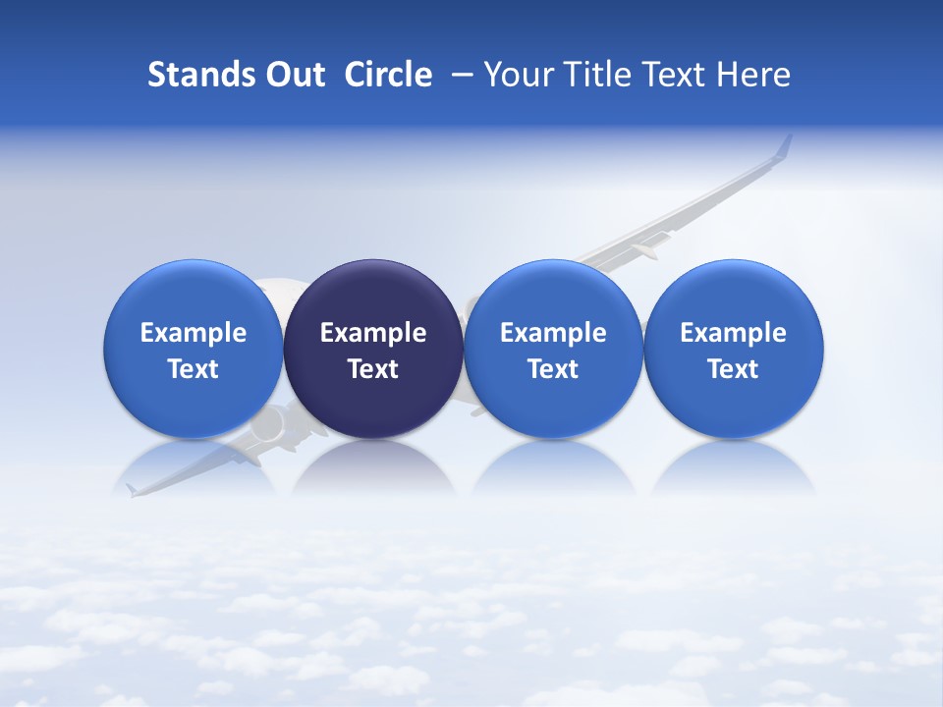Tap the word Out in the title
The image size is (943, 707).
[292, 75]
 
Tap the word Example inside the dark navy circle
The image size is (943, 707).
[373, 333]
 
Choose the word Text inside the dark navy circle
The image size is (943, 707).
[373, 369]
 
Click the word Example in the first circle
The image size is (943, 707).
[194, 333]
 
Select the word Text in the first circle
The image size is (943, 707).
[194, 369]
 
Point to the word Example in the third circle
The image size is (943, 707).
[553, 333]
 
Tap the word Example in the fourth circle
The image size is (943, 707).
[733, 333]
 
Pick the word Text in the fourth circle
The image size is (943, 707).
[733, 369]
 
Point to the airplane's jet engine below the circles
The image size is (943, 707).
[272, 424]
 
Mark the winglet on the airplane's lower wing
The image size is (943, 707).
[131, 488]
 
